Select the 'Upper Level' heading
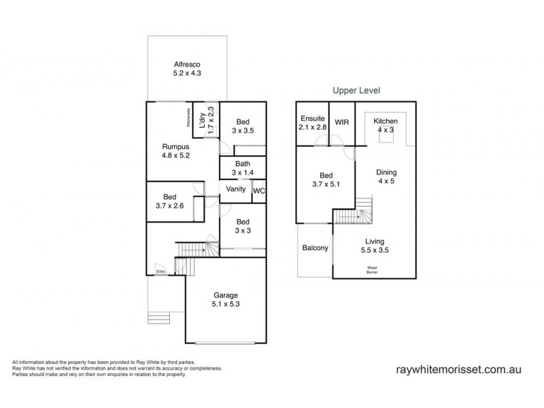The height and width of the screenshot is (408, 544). click(356, 89)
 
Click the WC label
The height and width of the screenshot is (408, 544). click(258, 192)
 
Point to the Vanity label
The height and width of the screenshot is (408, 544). click(235, 190)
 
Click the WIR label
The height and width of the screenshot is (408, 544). click(341, 124)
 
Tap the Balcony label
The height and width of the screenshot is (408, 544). click(315, 248)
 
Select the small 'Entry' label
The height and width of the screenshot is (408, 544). click(161, 272)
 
